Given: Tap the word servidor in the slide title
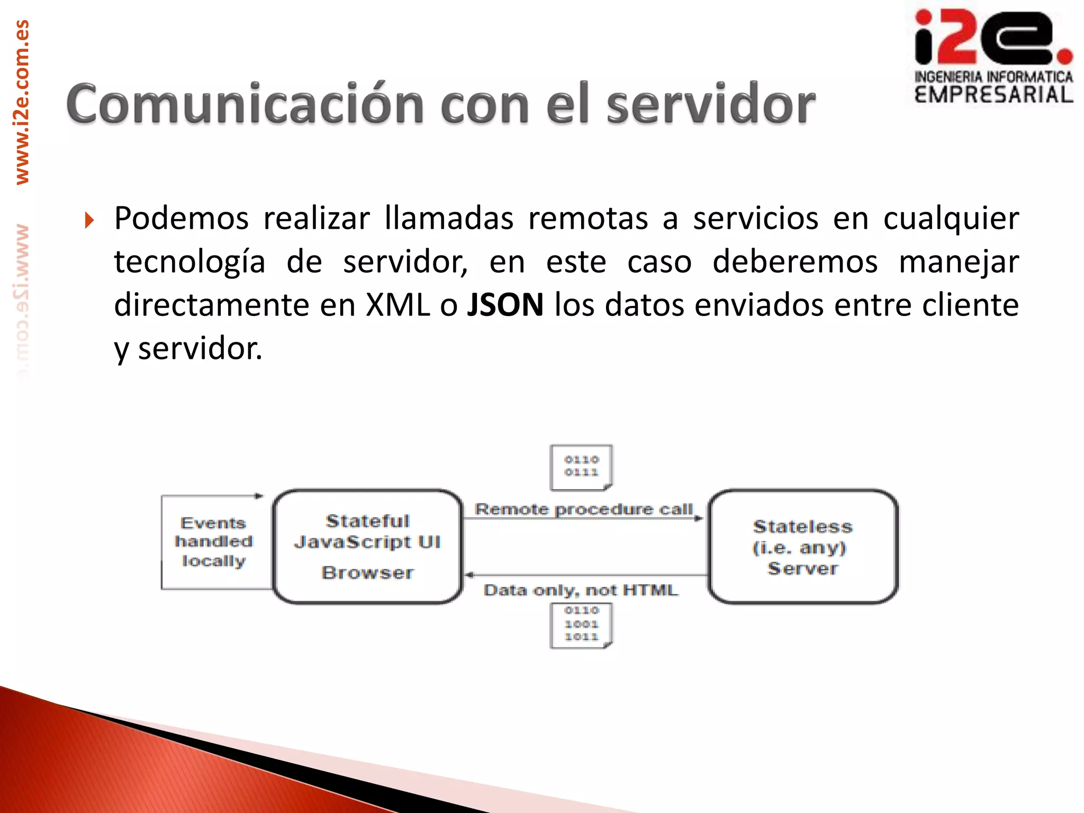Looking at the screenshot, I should (710, 104).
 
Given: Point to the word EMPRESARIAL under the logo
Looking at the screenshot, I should (993, 95).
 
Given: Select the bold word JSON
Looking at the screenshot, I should (505, 305).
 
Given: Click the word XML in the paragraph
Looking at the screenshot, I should (398, 305).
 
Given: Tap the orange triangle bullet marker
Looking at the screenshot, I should (89, 220).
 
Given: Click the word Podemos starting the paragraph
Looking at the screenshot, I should (181, 218).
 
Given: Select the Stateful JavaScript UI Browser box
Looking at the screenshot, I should (367, 546).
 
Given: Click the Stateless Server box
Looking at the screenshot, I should (802, 546).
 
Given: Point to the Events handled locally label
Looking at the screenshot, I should (213, 542).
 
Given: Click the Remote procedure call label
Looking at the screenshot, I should (583, 509).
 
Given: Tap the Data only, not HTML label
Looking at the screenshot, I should (580, 590).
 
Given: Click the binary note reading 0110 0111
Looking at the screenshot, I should (581, 466).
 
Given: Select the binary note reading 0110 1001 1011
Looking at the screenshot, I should (581, 625).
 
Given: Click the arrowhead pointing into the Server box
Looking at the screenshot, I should (699, 518).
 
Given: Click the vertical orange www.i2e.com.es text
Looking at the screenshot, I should (22, 103).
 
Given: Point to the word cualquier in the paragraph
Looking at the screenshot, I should (951, 218).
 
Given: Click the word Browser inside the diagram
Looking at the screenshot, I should (367, 573).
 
